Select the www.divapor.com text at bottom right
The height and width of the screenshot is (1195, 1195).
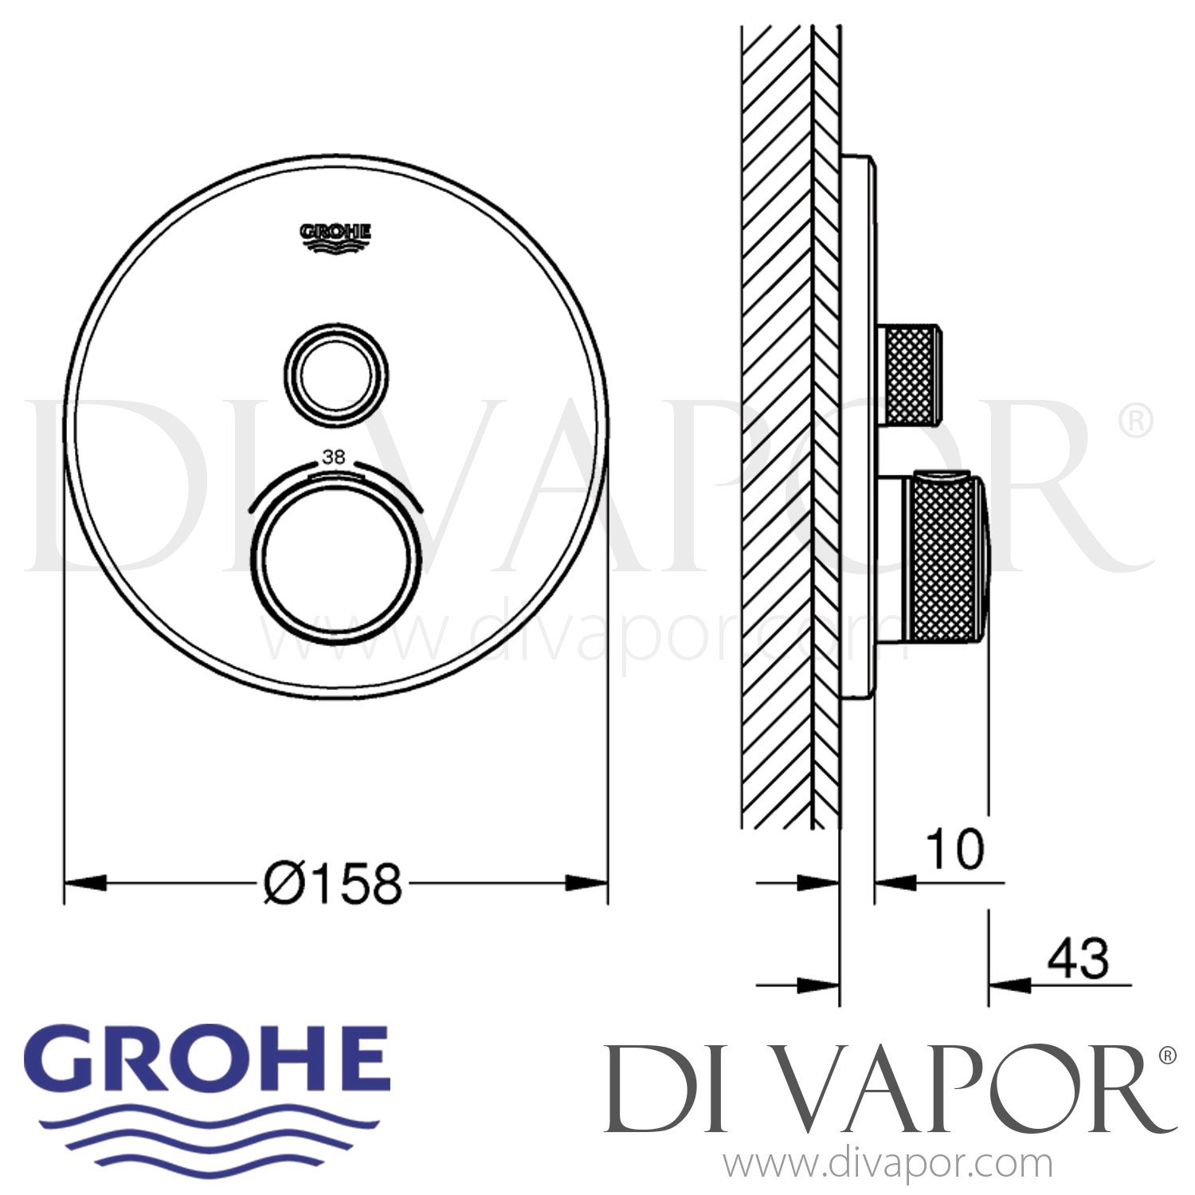887,1165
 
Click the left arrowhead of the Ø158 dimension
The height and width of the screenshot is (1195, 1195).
84,883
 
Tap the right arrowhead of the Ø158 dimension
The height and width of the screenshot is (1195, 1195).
586,883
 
